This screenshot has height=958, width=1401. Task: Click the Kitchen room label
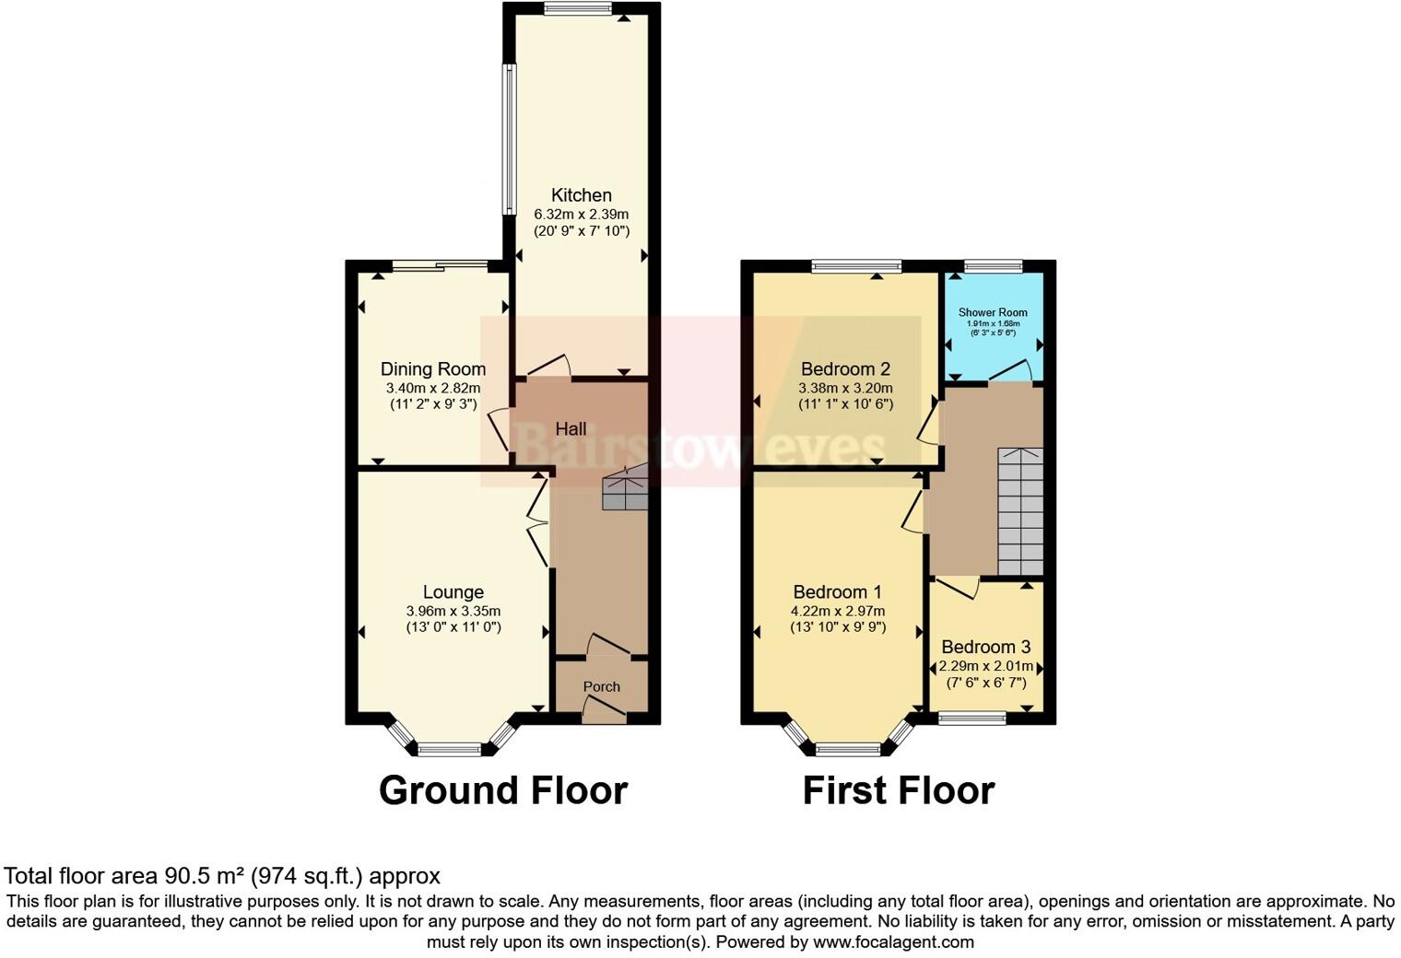[581, 195]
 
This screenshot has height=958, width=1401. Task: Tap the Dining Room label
[433, 369]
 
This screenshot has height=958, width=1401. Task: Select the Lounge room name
[453, 592]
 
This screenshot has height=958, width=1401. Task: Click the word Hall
[571, 429]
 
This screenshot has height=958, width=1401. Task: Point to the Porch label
[601, 686]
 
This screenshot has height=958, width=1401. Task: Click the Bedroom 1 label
[837, 592]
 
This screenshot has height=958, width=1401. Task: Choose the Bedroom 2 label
[845, 369]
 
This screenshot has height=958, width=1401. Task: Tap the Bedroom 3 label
[985, 648]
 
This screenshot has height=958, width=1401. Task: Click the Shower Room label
[992, 312]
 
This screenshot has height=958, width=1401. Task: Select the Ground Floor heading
[503, 790]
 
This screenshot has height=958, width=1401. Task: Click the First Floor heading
[898, 790]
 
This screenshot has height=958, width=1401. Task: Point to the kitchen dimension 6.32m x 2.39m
[581, 214]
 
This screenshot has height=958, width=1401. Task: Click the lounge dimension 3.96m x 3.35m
[453, 611]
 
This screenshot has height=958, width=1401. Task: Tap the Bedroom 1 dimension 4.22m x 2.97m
[837, 611]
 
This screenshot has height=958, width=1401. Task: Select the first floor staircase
[1020, 511]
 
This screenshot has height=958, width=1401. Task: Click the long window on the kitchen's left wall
[509, 138]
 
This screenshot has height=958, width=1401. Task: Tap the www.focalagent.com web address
[893, 941]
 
